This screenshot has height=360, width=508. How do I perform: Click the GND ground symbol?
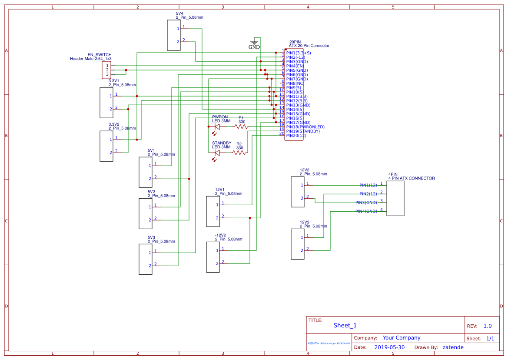click(x=254, y=43)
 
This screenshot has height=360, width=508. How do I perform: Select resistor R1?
click(x=241, y=127)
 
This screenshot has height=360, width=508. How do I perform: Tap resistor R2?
click(x=239, y=153)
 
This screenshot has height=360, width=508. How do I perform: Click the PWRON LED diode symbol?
click(x=217, y=127)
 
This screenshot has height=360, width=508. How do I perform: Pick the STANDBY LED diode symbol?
click(x=217, y=153)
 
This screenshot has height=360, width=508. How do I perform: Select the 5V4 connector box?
click(x=174, y=35)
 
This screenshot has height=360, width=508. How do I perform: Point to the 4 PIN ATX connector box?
click(x=395, y=198)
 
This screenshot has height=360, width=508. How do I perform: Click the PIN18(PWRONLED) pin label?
click(x=305, y=127)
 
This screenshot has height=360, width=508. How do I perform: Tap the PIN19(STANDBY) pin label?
click(x=303, y=131)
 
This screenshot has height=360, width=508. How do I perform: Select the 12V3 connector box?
click(x=298, y=244)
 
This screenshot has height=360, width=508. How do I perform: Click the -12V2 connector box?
click(x=213, y=257)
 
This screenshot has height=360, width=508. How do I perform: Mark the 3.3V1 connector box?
click(x=106, y=103)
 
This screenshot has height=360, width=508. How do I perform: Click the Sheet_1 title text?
click(x=345, y=325)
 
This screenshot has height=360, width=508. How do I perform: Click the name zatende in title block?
click(x=453, y=347)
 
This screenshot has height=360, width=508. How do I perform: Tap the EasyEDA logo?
click(x=329, y=343)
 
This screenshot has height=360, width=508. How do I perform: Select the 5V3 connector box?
click(x=146, y=259)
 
